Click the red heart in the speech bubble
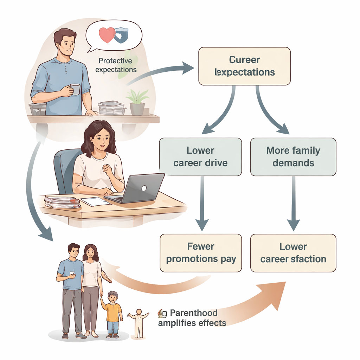107,35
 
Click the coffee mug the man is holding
75,89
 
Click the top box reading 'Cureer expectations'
244,66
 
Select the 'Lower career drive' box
200,157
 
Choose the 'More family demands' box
293,157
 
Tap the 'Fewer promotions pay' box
201,253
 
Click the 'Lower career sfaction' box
293,253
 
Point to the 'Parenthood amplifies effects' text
192,317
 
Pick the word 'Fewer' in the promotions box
200,246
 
